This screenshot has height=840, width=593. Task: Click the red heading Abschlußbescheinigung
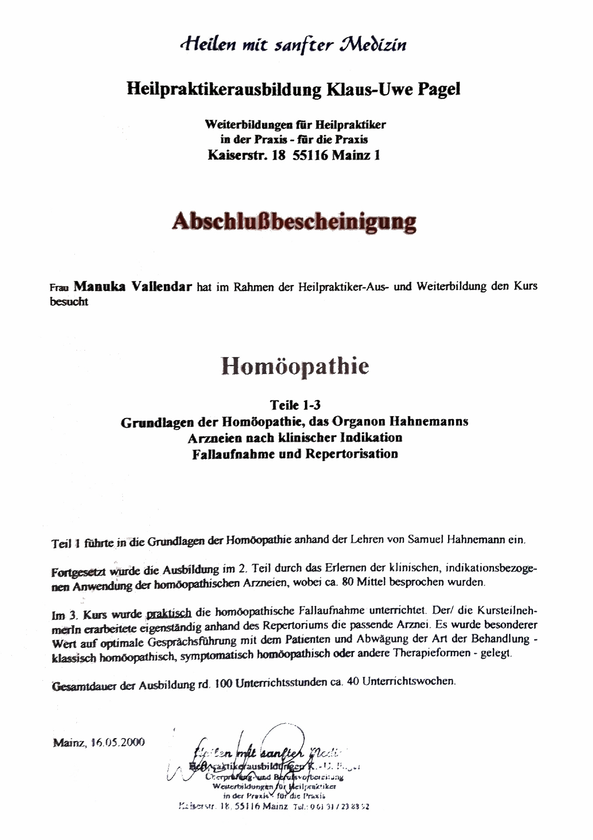pos(294,222)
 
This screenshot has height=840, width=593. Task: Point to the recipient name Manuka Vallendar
pos(133,287)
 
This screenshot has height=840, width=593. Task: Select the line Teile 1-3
pos(295,405)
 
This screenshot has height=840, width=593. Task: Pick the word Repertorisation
pos(352,454)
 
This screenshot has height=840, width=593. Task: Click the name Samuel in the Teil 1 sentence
pos(426,539)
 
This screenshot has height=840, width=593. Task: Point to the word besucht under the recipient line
pos(69,302)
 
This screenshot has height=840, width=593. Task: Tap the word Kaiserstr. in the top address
pos(237,155)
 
